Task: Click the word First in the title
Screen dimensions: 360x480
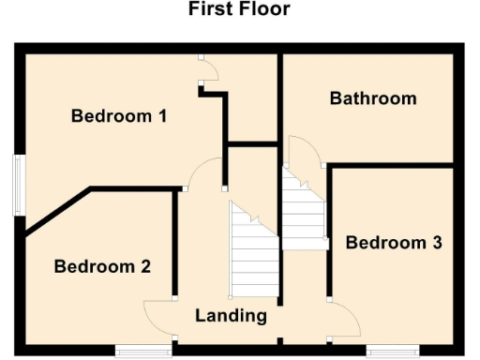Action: (212, 10)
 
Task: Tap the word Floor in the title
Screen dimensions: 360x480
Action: (264, 10)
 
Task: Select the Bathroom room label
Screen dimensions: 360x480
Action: (372, 98)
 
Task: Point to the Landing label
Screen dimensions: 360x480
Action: (231, 315)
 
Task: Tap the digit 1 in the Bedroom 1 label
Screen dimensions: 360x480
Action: (160, 117)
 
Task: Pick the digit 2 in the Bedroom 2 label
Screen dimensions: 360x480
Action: (145, 266)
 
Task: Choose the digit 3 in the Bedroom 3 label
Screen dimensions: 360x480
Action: (436, 243)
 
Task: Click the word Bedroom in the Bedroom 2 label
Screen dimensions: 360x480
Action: (90, 266)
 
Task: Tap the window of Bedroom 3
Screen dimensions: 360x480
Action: (392, 352)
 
